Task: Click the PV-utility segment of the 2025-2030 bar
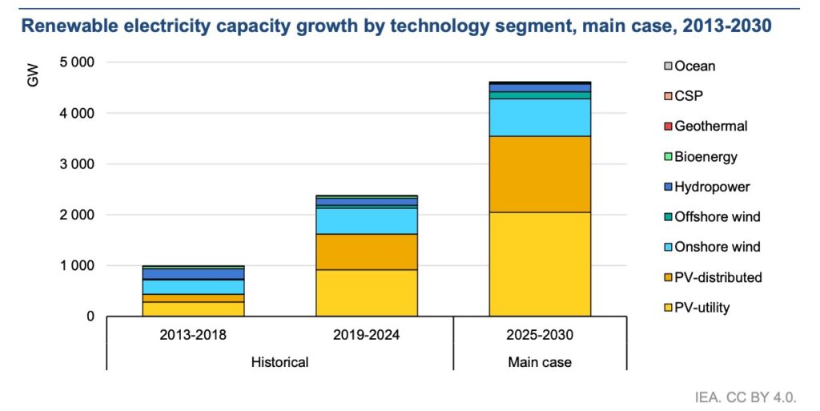point(540,264)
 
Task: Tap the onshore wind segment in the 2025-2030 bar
point(540,117)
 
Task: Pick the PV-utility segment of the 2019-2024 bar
point(366,292)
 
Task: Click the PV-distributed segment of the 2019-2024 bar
point(366,252)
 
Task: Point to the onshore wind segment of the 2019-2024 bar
point(366,220)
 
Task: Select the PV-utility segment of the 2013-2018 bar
point(193,308)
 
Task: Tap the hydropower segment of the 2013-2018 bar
point(193,274)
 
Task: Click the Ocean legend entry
point(694,66)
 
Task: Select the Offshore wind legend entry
point(717,217)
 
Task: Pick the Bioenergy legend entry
point(705,157)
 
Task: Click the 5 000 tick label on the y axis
point(78,62)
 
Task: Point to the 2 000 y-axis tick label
point(78,215)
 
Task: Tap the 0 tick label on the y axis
point(90,316)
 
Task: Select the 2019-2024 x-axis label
point(366,335)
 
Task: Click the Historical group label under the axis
point(279,362)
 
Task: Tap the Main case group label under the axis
point(540,362)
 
